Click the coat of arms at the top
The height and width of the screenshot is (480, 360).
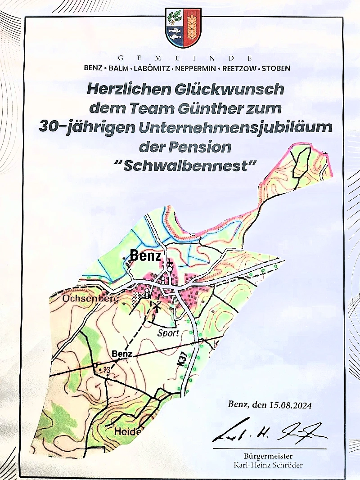(x=183, y=28)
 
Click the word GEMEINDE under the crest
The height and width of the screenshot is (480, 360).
(x=184, y=58)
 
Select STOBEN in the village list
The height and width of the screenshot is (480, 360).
(x=276, y=69)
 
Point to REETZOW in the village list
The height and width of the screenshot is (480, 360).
(x=239, y=69)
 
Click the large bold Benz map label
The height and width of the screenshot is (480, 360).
(x=145, y=256)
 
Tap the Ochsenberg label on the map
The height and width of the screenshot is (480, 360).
(x=85, y=299)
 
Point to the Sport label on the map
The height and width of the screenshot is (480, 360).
(x=168, y=333)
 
